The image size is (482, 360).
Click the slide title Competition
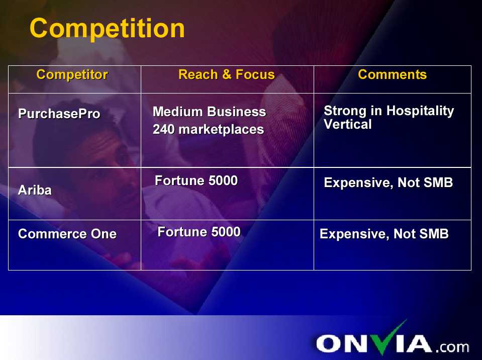coord(107,29)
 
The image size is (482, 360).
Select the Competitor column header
coord(72,75)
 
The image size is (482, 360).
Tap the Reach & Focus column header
coord(227,74)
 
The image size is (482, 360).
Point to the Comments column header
coord(392,74)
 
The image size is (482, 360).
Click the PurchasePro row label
coord(59,114)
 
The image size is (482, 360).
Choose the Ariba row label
coord(35,190)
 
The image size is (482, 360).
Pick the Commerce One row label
coord(67,234)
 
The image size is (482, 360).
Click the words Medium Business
coord(210,112)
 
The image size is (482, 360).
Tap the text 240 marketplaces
coord(209,129)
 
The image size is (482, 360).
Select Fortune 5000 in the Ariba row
coord(197,181)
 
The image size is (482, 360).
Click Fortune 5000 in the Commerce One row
coord(199,232)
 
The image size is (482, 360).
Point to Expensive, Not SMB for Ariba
coord(388,183)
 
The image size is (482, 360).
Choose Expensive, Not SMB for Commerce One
coord(384,234)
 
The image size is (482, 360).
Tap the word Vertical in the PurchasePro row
coord(348,124)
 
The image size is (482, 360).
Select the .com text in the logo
coord(452,347)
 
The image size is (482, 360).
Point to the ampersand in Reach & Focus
coord(227,74)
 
